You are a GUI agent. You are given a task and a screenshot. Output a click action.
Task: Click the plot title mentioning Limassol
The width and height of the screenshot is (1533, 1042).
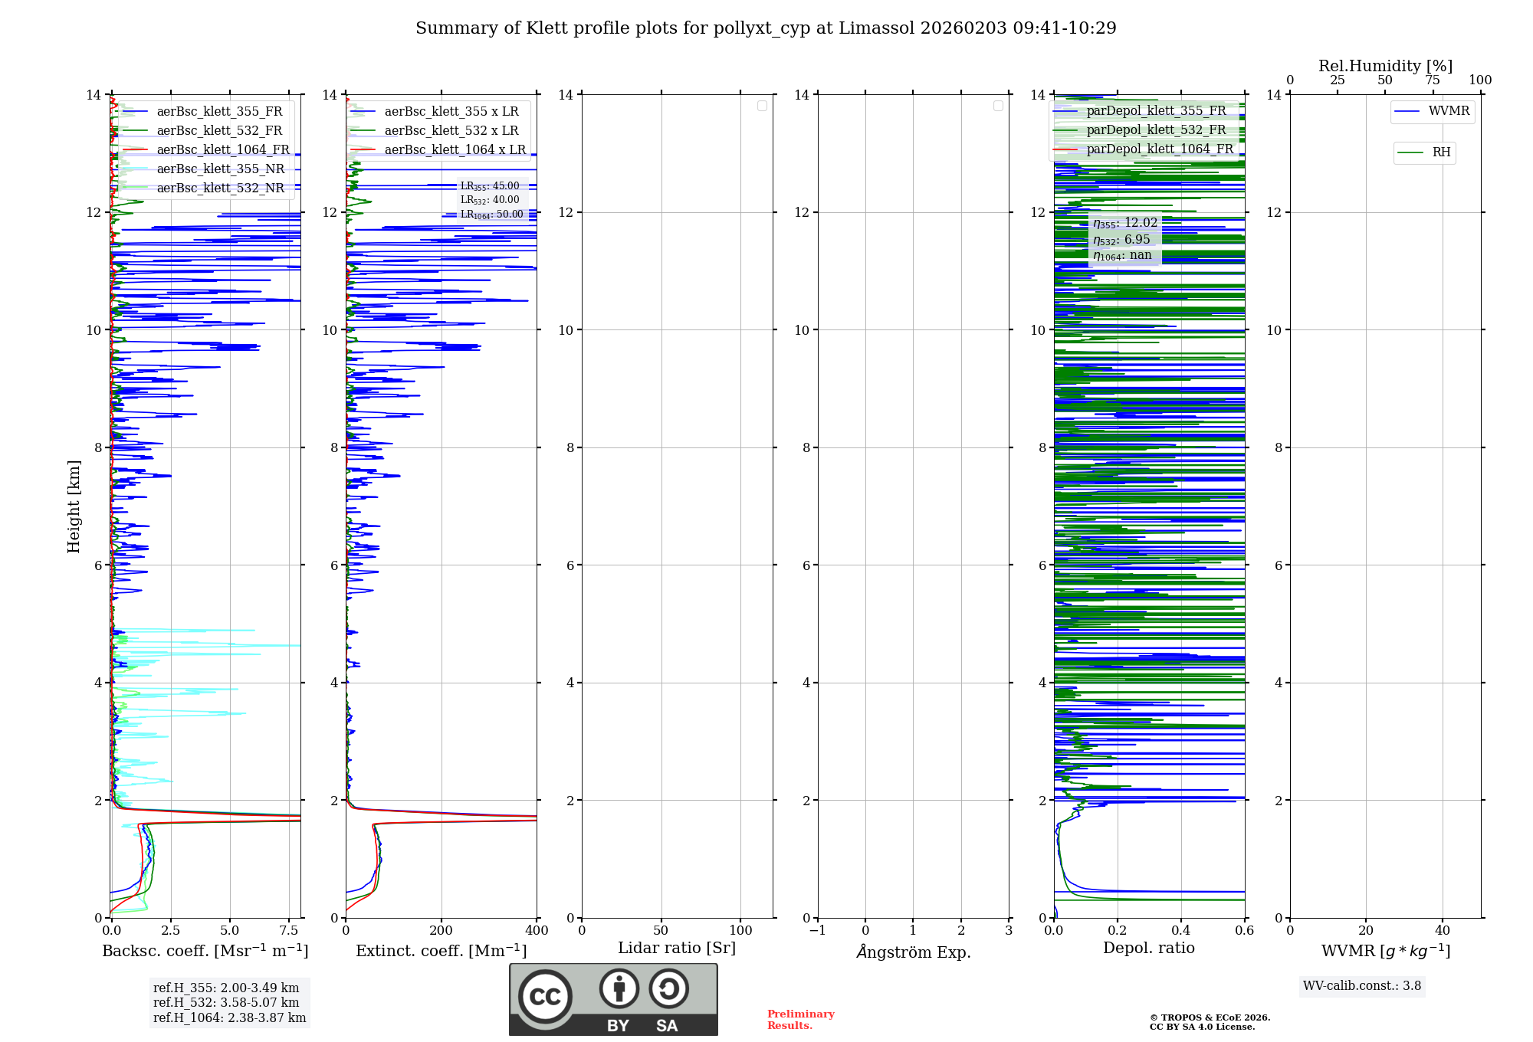coord(766,28)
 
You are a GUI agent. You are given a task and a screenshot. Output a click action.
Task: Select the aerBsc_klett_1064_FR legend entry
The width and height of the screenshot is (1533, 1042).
coord(222,150)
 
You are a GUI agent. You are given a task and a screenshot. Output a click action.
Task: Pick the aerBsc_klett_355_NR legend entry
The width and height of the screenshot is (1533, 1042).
coord(220,169)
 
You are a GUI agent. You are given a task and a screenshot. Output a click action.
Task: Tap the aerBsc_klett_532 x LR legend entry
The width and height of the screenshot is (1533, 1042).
coord(451,131)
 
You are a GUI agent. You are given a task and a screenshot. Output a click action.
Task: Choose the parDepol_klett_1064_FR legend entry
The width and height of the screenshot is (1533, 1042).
coord(1159,149)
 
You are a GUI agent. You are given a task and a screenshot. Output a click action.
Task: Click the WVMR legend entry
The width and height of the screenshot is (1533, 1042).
coord(1448,111)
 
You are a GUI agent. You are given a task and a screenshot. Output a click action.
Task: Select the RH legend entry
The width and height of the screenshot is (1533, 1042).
coord(1440,152)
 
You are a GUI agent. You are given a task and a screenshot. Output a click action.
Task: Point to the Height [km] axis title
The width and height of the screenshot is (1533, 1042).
coord(74,506)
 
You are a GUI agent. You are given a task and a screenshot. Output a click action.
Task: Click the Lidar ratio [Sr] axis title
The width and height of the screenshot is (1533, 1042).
coord(677,949)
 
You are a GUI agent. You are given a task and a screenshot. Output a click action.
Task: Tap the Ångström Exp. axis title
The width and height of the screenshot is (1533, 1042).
coord(914,952)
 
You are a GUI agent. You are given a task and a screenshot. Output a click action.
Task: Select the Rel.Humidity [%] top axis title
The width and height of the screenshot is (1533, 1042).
coord(1385,66)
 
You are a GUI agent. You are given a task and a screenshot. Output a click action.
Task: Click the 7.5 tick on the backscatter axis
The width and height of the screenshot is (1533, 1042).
coord(289,931)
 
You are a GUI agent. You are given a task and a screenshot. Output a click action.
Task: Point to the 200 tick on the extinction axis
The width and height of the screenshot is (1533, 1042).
coord(442,931)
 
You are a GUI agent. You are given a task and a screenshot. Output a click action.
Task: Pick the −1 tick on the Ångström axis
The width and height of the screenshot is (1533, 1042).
coord(818,931)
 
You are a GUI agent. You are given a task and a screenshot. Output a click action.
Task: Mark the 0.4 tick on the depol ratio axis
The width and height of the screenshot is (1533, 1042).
coord(1181,931)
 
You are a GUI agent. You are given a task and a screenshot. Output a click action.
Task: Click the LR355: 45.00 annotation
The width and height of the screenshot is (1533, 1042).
coord(489,186)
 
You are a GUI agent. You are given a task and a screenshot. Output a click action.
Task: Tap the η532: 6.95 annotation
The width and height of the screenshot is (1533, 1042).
coord(1121,240)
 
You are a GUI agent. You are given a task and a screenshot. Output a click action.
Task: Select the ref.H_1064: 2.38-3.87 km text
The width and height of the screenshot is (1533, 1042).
coord(229,1018)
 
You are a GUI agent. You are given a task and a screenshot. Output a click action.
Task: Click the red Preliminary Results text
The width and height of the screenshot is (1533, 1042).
coord(800,1020)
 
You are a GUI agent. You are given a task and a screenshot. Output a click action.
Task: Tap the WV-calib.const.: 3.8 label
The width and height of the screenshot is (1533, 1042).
coord(1362,986)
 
